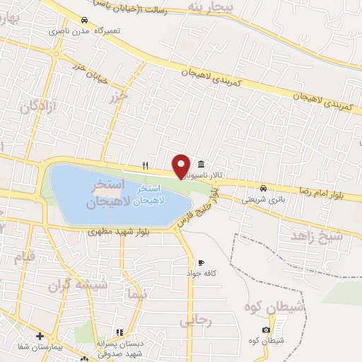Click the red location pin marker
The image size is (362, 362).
(x=181, y=165)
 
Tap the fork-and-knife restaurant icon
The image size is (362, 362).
(x=145, y=165)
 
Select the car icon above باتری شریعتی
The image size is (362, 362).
(x=263, y=188)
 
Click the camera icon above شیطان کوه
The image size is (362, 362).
(x=266, y=330)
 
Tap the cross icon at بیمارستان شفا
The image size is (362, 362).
(x=40, y=337)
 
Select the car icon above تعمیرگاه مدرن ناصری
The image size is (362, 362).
(x=85, y=20)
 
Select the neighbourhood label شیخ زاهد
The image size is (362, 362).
(x=317, y=235)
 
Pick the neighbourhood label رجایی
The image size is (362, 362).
(x=196, y=320)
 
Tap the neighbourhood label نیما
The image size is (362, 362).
(x=138, y=295)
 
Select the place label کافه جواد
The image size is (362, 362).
(x=199, y=273)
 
